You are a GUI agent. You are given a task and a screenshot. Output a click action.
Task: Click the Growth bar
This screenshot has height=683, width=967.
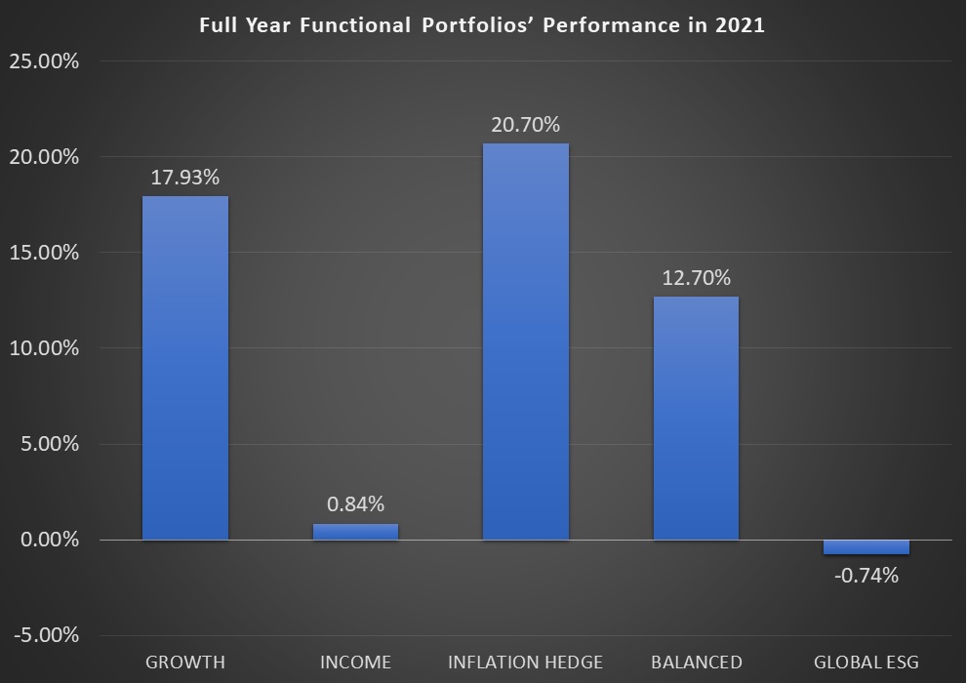(185, 368)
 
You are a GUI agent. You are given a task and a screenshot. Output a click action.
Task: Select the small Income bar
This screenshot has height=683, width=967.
(355, 532)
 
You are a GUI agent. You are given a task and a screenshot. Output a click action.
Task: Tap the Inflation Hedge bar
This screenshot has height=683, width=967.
(525, 341)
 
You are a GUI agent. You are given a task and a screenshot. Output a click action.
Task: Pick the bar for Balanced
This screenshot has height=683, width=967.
(696, 418)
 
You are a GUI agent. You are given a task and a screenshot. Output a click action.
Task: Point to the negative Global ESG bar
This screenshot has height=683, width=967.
(866, 547)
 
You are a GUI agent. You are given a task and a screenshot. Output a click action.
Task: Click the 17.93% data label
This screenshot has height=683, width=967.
(185, 178)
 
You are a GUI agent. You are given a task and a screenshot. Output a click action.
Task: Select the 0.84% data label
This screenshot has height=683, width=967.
(355, 504)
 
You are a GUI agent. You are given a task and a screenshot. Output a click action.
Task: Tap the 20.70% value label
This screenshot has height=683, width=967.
(525, 125)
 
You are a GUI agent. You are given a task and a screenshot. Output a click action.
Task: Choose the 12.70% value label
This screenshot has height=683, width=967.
(696, 278)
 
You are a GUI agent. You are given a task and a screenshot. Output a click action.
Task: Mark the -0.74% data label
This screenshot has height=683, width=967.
(866, 575)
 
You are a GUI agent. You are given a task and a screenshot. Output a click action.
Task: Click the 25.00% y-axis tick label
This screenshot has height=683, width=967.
(44, 61)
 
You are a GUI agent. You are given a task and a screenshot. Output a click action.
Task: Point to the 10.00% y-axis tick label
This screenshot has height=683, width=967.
(44, 349)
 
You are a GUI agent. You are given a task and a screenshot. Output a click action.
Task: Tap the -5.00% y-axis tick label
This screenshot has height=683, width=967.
(46, 636)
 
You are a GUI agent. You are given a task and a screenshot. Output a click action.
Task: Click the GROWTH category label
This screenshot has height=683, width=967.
(185, 663)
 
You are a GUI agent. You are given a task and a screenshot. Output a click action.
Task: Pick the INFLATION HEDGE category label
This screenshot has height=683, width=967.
(525, 663)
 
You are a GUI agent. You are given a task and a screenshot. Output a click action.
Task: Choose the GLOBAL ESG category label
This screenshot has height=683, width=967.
(866, 663)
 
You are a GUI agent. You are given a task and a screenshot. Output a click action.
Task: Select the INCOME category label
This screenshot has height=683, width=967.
(355, 663)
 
